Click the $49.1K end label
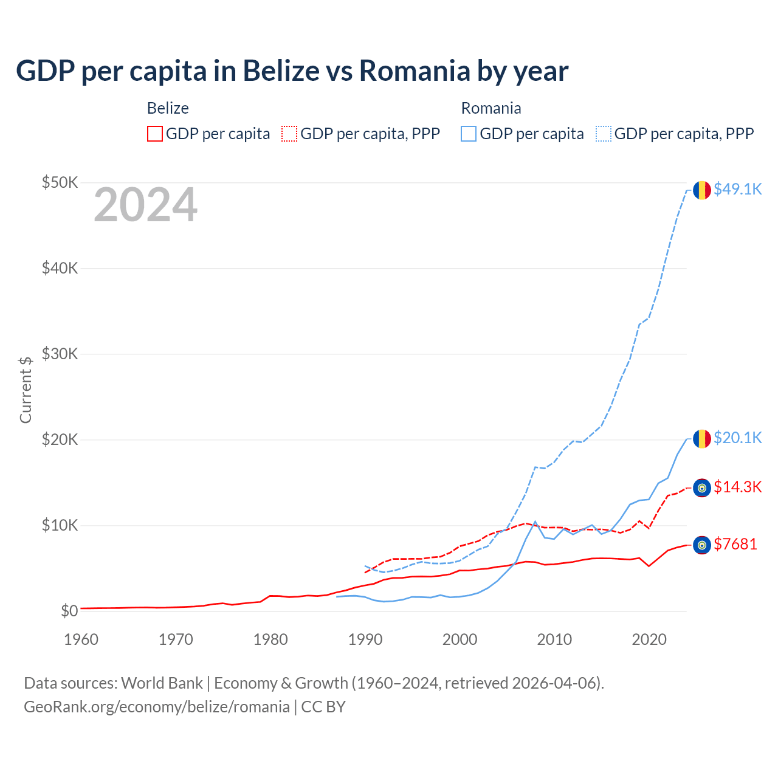[737, 190]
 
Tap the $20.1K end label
[737, 438]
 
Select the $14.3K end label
[737, 487]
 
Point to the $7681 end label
[735, 545]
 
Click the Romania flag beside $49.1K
[702, 190]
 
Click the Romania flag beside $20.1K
[702, 439]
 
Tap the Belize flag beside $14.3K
[702, 488]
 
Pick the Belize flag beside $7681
[702, 545]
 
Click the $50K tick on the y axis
[60, 182]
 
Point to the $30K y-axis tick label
[60, 354]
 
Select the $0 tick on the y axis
[69, 611]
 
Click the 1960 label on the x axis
[81, 639]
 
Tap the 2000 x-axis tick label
[460, 639]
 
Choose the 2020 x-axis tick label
[649, 639]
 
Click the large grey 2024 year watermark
[145, 205]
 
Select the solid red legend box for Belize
[155, 134]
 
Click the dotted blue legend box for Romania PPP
[604, 134]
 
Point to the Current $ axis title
[26, 390]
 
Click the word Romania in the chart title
[415, 71]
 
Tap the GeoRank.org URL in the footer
[157, 707]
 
